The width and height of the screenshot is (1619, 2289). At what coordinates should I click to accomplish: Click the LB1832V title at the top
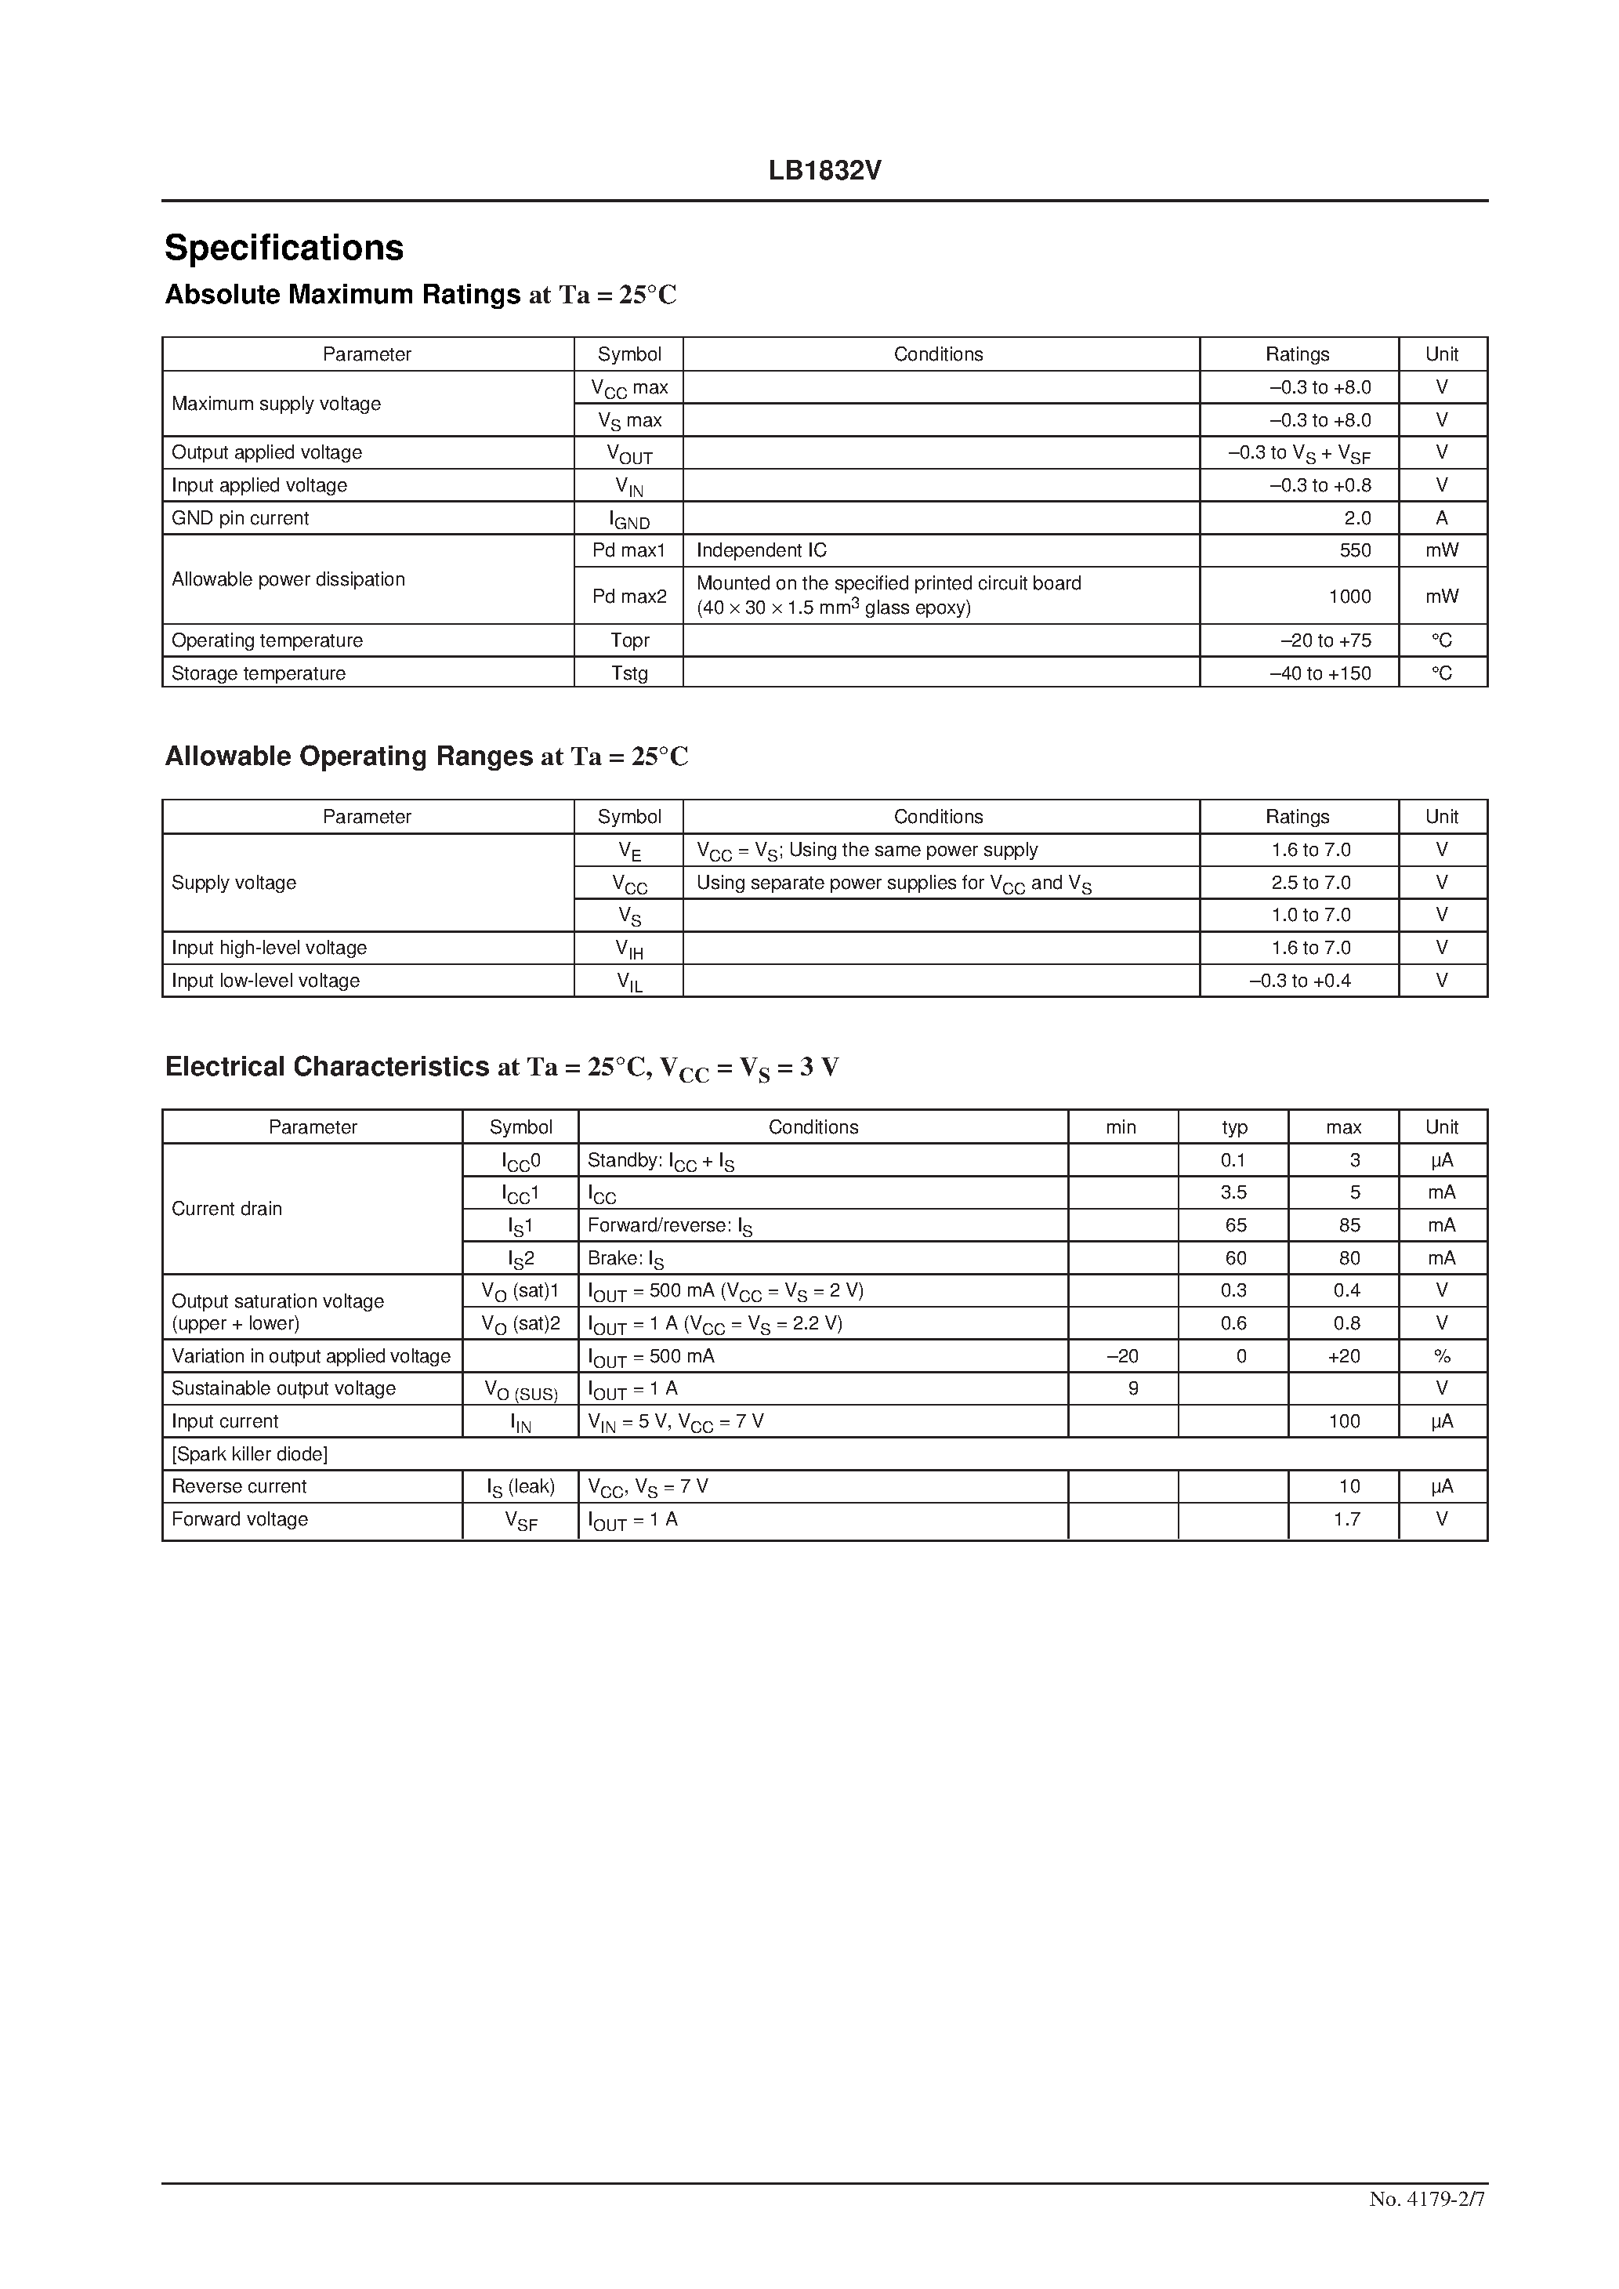point(824,170)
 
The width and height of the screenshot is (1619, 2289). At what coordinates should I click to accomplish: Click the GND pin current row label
point(241,518)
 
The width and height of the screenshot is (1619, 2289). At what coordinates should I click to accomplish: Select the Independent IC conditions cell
point(762,550)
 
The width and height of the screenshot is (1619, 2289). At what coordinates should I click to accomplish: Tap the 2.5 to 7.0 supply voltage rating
point(1310,883)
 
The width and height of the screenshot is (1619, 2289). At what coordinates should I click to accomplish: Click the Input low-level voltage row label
point(265,981)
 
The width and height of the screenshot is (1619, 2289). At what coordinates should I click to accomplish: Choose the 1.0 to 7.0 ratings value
point(1310,915)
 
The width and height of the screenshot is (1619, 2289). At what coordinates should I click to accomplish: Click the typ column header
point(1234,1127)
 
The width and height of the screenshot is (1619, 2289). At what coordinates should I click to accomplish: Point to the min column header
point(1121,1127)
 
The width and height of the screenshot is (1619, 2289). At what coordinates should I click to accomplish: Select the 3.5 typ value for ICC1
point(1234,1192)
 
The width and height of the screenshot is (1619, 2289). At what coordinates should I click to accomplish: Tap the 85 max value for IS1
point(1349,1225)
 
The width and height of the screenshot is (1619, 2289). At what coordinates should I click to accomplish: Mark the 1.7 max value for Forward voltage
point(1347,1519)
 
